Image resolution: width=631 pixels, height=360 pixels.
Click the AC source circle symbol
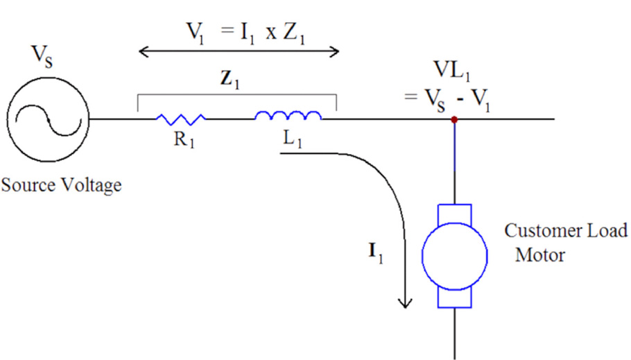pyautogui.click(x=47, y=119)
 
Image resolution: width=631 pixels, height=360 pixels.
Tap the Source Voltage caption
pyautogui.click(x=61, y=185)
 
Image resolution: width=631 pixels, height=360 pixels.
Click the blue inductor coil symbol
pyautogui.click(x=288, y=116)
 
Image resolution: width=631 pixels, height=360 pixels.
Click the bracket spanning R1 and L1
pyautogui.click(x=237, y=95)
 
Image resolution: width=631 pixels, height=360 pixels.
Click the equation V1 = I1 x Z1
pyautogui.click(x=239, y=28)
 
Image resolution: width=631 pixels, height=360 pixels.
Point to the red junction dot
pyautogui.click(x=454, y=119)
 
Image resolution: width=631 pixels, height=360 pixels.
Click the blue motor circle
pyautogui.click(x=454, y=255)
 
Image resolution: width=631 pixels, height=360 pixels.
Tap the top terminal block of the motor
pyautogui.click(x=454, y=212)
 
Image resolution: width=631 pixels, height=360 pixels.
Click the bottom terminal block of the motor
pyautogui.click(x=454, y=298)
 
